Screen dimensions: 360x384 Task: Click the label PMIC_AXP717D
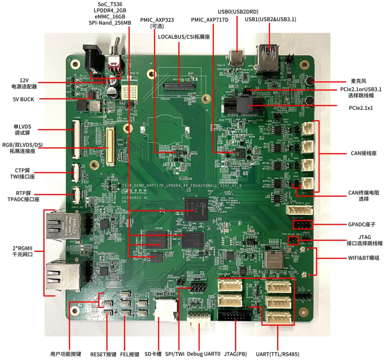(x=210, y=20)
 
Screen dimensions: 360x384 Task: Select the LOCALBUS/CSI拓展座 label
(x=184, y=36)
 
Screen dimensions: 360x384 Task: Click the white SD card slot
(x=165, y=311)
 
